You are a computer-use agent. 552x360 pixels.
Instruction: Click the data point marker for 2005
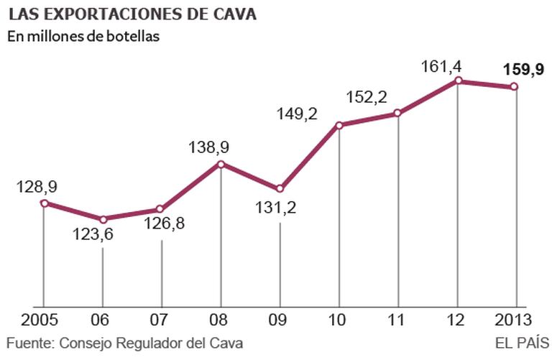[x=44, y=203]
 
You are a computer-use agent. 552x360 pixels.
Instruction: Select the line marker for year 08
[x=221, y=164]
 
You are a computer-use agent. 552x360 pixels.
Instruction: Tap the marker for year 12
[x=457, y=81]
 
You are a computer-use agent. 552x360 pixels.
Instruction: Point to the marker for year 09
[x=280, y=189]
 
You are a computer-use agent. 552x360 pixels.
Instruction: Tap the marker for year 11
[x=397, y=113]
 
